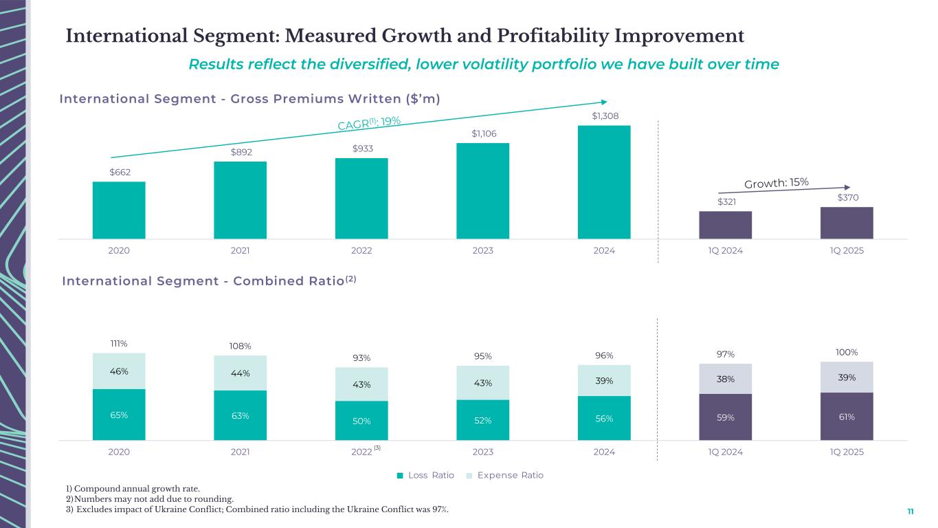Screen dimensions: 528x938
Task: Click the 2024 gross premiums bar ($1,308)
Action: (604, 182)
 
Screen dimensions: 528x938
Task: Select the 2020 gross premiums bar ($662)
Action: (119, 210)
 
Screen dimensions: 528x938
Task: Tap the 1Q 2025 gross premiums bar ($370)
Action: (847, 223)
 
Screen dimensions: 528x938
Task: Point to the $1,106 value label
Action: (482, 133)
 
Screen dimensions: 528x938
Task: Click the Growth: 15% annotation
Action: (777, 183)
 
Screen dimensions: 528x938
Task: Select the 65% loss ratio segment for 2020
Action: (119, 415)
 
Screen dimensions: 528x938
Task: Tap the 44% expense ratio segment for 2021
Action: (240, 373)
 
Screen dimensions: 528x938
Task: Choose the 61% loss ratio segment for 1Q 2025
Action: (847, 416)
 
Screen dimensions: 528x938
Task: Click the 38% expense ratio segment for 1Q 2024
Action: (725, 378)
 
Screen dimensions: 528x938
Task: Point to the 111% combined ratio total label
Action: (119, 343)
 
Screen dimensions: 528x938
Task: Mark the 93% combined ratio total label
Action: (361, 357)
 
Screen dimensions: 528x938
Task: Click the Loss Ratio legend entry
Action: (425, 475)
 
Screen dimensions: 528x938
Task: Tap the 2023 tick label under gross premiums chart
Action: (482, 251)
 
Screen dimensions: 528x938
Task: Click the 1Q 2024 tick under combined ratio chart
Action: (725, 452)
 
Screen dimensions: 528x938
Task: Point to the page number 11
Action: (911, 511)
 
